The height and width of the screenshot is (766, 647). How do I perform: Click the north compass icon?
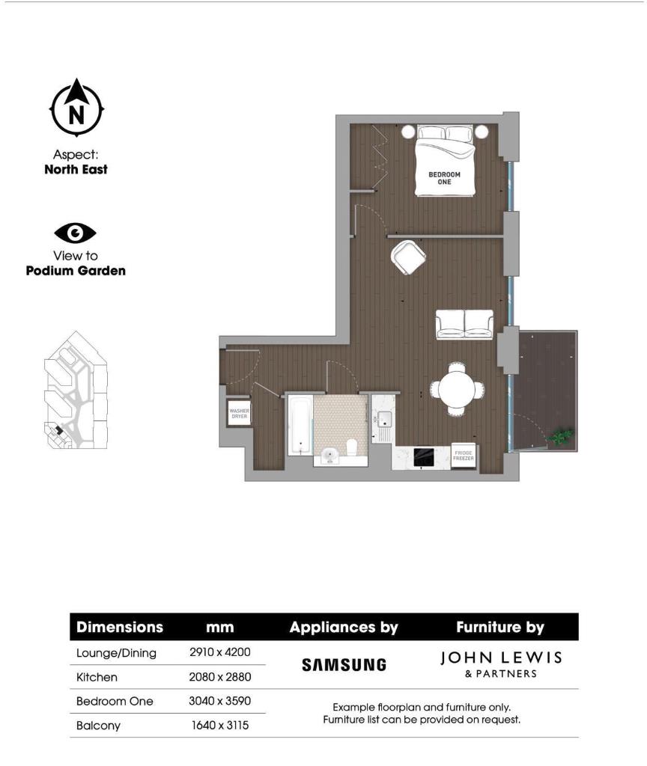[76, 108]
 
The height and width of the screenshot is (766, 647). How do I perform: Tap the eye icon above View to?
[76, 233]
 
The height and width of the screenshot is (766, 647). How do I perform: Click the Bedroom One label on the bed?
[444, 178]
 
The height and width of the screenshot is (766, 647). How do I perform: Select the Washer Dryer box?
[239, 413]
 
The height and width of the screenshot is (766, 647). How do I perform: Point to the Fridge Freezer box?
[464, 456]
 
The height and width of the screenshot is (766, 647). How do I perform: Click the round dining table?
[457, 388]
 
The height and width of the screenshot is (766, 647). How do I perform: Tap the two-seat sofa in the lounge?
[464, 324]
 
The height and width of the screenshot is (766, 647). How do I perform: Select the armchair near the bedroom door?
[408, 257]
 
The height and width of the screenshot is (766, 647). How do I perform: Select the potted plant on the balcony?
[562, 435]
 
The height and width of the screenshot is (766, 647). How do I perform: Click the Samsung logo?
[344, 664]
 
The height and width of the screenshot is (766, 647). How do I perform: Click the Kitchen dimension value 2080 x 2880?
[219, 677]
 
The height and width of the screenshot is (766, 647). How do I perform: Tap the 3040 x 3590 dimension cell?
[219, 701]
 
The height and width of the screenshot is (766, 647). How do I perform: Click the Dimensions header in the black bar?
[120, 627]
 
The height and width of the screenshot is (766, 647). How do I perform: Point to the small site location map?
[75, 390]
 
